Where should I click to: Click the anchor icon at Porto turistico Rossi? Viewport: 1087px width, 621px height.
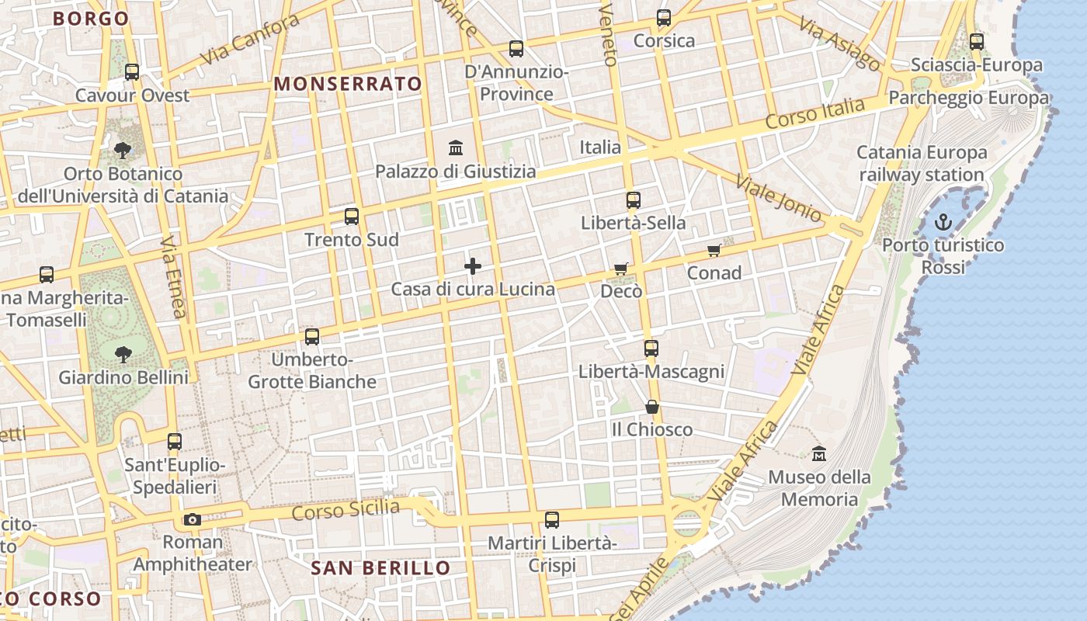943,223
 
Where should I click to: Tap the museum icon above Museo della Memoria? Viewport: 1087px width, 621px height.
818,453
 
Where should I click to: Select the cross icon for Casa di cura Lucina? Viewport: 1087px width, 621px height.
472,266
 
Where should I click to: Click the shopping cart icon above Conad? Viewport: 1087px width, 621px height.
714,250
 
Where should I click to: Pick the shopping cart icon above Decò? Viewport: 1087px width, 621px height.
621,269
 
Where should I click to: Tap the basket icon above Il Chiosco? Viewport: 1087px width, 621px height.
651,407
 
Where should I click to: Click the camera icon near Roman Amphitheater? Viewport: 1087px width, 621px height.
192,519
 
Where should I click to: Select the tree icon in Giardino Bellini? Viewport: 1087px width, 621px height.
123,355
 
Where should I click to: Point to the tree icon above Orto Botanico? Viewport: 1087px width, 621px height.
122,150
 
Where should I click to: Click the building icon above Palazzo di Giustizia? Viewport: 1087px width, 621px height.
456,147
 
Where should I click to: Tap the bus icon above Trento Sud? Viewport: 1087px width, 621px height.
352,217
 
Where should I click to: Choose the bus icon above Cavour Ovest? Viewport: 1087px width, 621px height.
132,72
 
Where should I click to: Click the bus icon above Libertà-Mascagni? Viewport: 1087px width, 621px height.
651,349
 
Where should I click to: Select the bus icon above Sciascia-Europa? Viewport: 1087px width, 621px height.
977,42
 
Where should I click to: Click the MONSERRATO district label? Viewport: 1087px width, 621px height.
349,84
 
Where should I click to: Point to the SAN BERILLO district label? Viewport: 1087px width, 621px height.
380,567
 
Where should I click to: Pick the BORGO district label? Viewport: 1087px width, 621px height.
91,19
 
